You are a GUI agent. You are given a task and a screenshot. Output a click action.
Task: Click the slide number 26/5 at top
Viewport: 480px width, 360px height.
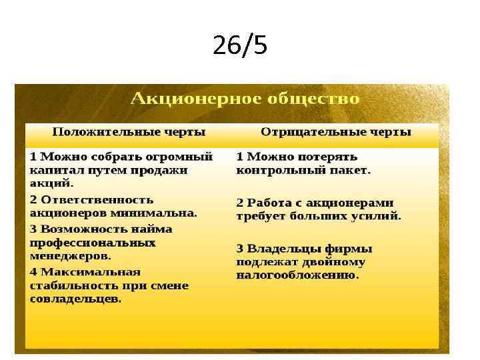[x=240, y=46]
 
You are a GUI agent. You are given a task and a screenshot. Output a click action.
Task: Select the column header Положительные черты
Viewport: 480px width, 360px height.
[x=129, y=131]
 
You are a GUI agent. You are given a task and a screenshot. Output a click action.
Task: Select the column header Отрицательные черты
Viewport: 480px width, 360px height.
[x=335, y=131]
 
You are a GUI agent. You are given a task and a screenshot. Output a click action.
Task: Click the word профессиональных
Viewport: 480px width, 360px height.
[x=92, y=243]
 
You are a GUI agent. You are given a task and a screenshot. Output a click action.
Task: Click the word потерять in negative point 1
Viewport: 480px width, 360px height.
[x=325, y=157]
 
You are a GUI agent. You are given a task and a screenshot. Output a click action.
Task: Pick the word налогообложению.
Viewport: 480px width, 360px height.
[x=297, y=275]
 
